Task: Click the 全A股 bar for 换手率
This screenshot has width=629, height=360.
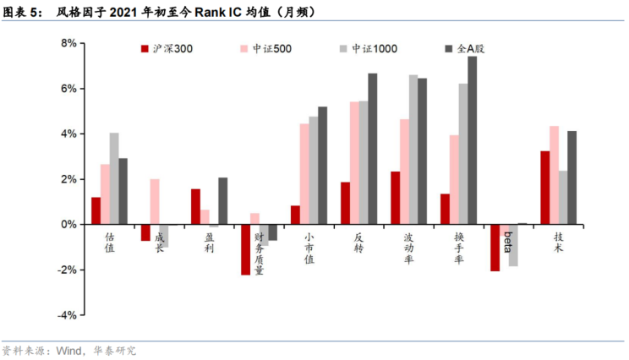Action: [x=472, y=140]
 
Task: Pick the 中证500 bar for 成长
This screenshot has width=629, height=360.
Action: [x=154, y=202]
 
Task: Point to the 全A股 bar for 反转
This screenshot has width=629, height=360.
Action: [x=372, y=149]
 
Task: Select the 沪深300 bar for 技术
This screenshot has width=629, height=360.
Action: [x=545, y=188]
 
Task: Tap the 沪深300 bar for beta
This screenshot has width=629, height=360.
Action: [x=495, y=248]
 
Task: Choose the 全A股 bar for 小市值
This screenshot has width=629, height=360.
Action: [x=322, y=166]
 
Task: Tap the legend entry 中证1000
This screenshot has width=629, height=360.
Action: [x=374, y=50]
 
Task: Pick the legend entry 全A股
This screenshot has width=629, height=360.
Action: [x=470, y=50]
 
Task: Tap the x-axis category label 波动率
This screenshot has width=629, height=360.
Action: [x=409, y=248]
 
